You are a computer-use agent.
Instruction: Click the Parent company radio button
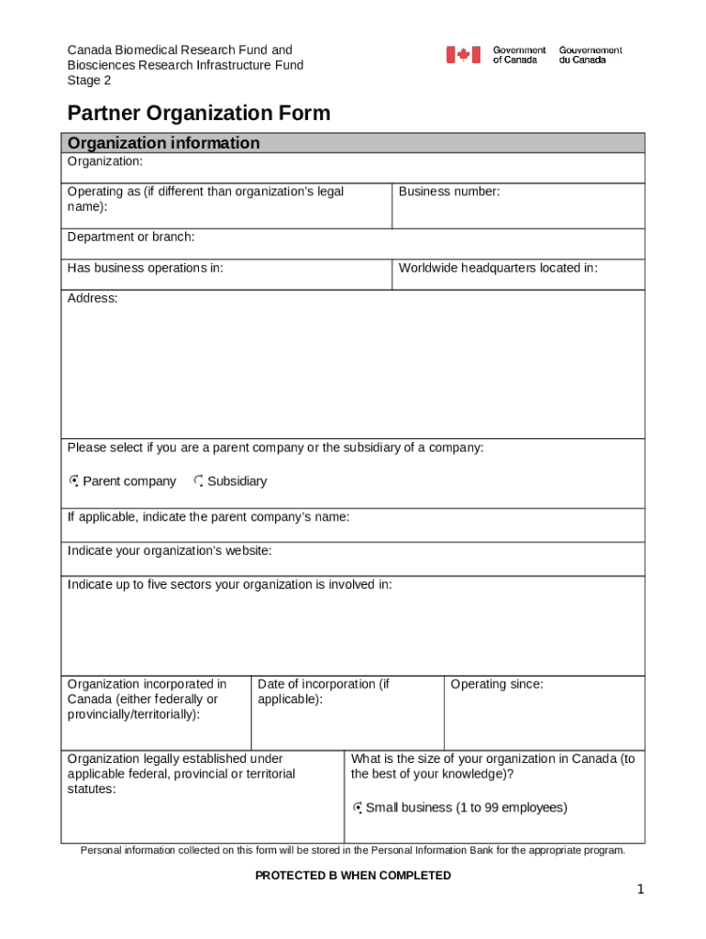coord(74,481)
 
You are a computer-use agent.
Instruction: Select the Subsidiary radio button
coord(199,481)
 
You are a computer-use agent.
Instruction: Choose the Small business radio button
coord(358,808)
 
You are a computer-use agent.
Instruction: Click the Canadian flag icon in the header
coord(463,55)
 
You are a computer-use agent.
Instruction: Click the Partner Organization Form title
coord(198,114)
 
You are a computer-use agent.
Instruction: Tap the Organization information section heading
coord(163,143)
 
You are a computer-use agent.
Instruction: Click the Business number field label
coord(449,192)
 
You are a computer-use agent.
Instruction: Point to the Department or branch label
coord(130,238)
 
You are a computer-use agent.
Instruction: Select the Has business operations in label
coord(145,268)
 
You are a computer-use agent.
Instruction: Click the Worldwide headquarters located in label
coord(498,268)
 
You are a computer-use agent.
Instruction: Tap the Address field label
coord(92,298)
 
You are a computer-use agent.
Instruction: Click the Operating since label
coord(496,684)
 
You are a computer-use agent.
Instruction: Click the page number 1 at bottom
coord(641,890)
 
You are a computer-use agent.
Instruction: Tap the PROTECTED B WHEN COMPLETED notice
coord(352,876)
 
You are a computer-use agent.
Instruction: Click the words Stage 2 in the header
coord(89,80)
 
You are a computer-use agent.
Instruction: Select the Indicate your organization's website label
coord(169,551)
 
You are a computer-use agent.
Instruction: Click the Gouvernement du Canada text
coord(590,55)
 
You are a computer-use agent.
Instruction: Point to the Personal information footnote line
coord(352,850)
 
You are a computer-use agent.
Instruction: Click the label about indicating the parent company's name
coord(208,517)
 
